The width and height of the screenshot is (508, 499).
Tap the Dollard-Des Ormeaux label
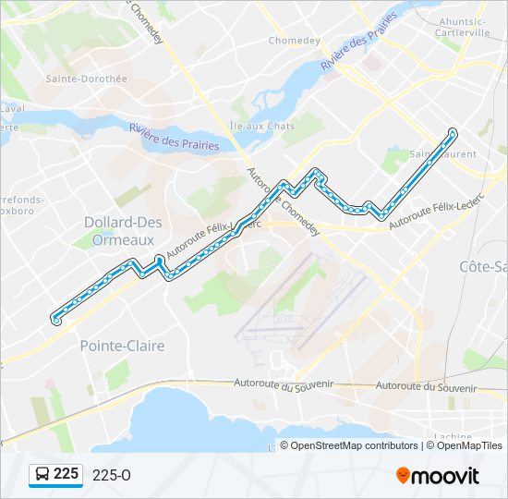point(123,230)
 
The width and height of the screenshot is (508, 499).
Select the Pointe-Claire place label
point(122,346)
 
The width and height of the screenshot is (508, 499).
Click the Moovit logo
point(438,475)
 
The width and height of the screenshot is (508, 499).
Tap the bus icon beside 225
point(42,475)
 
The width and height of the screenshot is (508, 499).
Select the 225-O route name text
point(112,475)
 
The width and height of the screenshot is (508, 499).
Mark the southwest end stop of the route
point(56,321)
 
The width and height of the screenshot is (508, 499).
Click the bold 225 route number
point(66,474)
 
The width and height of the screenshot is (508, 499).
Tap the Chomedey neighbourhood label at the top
point(293,41)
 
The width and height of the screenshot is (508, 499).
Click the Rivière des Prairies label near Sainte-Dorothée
point(175,138)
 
